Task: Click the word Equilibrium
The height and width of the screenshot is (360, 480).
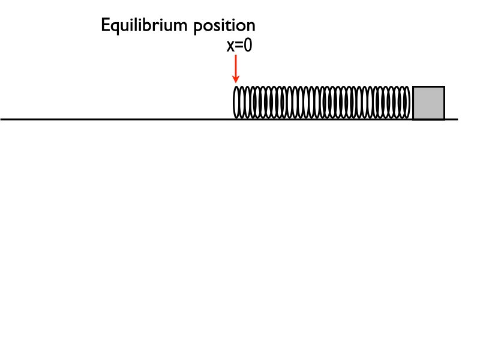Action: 143,26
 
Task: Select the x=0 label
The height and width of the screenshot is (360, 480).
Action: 239,46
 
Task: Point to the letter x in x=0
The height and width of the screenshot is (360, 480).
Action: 230,47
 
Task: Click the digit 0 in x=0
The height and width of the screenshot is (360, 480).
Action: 248,46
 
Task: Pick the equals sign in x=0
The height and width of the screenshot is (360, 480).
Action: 239,46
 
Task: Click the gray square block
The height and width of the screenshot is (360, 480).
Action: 428,103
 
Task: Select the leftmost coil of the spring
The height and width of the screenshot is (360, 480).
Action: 236,102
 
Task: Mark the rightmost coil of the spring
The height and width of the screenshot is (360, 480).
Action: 407,102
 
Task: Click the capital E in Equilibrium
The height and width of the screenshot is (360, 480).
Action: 106,25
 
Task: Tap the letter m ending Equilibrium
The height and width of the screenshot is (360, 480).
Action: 179,26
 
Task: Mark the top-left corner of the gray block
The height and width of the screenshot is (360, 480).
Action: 413,86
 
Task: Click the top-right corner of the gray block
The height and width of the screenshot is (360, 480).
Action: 445,86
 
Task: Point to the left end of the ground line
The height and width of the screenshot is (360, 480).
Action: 1,119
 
